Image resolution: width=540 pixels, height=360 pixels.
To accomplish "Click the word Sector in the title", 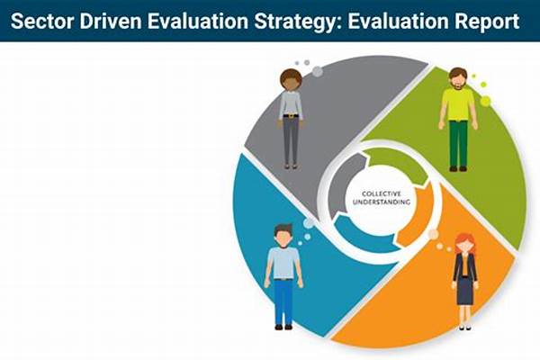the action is coord(42,22).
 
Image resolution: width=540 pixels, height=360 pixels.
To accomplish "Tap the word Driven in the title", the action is coord(111,22).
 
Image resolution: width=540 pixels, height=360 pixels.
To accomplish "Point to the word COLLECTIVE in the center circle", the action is coord(382,194).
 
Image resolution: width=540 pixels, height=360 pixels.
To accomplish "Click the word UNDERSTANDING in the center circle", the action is coord(382,202).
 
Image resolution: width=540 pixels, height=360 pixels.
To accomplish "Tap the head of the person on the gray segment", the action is coord(291,80).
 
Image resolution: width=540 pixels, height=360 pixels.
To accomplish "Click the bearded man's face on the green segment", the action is coord(458,79).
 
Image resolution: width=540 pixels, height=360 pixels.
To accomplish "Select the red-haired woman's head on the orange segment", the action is coord(465,244).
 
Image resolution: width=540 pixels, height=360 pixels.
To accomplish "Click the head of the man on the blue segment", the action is coord(283,236).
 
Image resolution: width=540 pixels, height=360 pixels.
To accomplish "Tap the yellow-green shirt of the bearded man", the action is coord(458,104).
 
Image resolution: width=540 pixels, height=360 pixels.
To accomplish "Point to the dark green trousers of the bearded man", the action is coord(458,144).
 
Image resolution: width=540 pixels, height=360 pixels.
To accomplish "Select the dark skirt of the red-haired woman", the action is coord(465,291).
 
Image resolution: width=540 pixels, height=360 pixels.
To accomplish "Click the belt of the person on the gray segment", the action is coord(291,116).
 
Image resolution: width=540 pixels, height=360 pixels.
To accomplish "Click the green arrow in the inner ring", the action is coord(396,162).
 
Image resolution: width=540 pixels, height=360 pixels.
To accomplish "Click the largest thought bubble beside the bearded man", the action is coord(485,101).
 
